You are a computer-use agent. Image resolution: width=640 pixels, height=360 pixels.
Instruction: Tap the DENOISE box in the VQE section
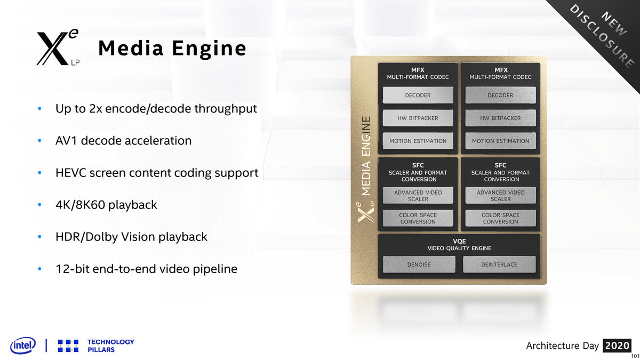point(419,264)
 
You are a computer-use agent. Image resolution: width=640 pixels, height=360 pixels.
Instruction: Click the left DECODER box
point(418,95)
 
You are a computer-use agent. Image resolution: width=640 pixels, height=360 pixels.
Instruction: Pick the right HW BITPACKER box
point(500,118)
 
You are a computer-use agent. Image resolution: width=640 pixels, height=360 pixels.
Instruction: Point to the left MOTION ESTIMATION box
point(418,141)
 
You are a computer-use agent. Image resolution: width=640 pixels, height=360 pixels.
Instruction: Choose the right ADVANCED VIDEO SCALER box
point(500,196)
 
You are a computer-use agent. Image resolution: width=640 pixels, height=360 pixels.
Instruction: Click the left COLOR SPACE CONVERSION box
point(418,218)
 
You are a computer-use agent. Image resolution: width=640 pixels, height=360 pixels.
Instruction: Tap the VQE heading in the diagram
point(459,241)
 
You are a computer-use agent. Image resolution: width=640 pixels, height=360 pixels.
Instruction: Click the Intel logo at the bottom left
point(23,346)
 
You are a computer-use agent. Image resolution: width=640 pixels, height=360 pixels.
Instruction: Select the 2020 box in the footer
point(618,346)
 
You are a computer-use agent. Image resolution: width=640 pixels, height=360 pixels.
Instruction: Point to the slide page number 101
point(635,356)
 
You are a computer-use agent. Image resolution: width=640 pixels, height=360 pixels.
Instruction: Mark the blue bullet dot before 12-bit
point(39,269)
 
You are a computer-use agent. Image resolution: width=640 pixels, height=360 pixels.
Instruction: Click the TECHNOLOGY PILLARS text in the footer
point(110,346)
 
